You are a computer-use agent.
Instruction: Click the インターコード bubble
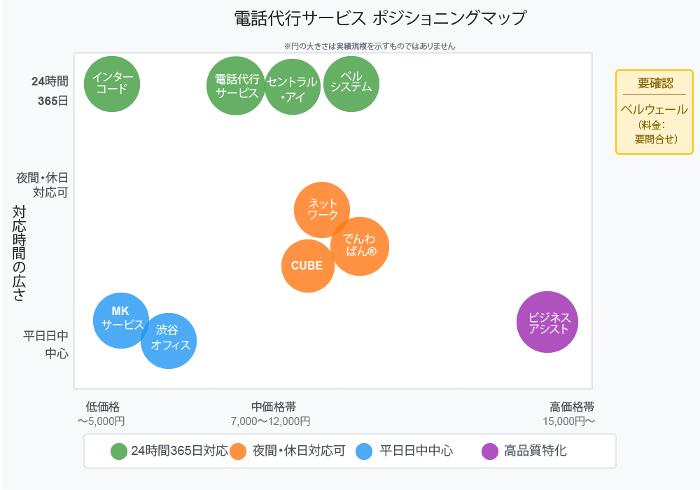click(112, 84)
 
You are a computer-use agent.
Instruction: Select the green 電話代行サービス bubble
click(237, 85)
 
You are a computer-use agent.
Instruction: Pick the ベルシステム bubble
click(351, 83)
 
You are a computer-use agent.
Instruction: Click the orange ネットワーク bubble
click(322, 209)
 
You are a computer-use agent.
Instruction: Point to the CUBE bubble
click(307, 266)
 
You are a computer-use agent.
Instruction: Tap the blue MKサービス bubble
click(121, 320)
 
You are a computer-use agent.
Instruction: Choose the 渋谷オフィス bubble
click(169, 340)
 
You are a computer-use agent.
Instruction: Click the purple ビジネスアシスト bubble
click(547, 322)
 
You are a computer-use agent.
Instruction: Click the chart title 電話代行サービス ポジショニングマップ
click(380, 19)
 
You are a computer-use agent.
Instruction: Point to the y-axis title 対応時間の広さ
click(20, 253)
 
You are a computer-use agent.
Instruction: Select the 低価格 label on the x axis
click(103, 407)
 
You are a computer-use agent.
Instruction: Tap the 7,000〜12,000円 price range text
click(270, 421)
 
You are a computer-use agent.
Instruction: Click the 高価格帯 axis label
click(572, 407)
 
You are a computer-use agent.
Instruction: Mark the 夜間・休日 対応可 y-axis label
click(43, 185)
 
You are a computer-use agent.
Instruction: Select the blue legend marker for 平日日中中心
click(364, 451)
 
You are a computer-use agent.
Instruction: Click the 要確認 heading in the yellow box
click(654, 83)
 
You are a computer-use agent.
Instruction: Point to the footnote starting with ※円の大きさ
click(370, 46)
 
